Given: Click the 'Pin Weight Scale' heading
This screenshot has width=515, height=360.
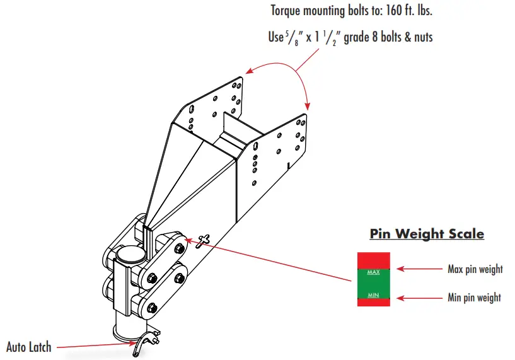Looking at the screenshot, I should tap(427, 234).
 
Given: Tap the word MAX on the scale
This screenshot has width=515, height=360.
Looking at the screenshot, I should tap(373, 272).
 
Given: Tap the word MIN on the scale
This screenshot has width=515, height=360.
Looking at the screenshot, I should tap(373, 295).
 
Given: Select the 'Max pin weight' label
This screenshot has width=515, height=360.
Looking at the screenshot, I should tap(475, 269).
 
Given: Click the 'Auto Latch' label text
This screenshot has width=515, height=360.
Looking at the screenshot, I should tap(29, 347).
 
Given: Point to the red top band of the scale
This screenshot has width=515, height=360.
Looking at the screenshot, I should tap(373, 260).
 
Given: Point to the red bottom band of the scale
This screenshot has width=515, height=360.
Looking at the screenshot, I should tap(373, 303).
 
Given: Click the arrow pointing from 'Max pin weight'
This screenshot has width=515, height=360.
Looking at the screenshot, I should tap(419, 269).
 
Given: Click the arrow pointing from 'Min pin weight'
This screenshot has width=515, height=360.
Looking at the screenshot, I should tap(419, 296).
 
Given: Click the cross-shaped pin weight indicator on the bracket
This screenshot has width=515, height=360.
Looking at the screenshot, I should tap(203, 240).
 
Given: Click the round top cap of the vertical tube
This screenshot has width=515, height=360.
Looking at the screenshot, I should tap(130, 255).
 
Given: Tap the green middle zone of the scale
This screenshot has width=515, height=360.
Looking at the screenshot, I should tap(373, 283).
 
